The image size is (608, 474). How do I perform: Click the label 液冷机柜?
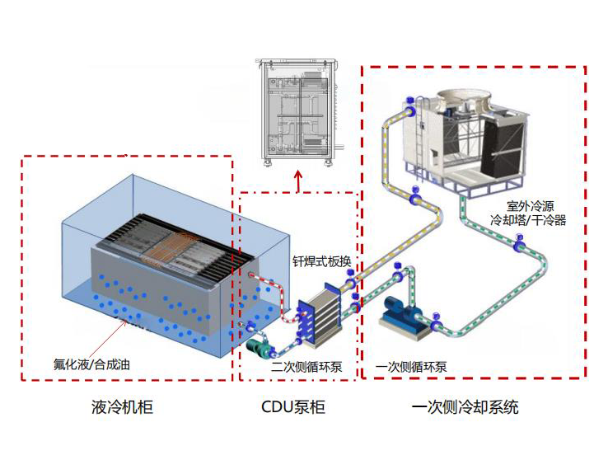click(x=123, y=406)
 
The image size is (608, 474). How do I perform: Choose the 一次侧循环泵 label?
click(x=410, y=366)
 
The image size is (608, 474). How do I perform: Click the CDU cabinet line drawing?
click(x=298, y=115)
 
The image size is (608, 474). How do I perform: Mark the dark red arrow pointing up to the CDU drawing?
click(x=298, y=181)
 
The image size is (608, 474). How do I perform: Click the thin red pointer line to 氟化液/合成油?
click(x=104, y=338)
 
